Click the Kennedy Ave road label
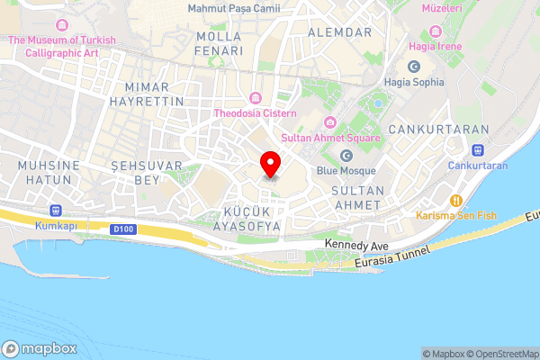coord(356,245)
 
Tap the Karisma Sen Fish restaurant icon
coord(456,201)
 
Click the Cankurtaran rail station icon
coord(478,150)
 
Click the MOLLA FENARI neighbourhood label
coord(220,44)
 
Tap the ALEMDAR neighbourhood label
coord(339,31)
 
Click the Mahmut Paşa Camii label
coord(233,8)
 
